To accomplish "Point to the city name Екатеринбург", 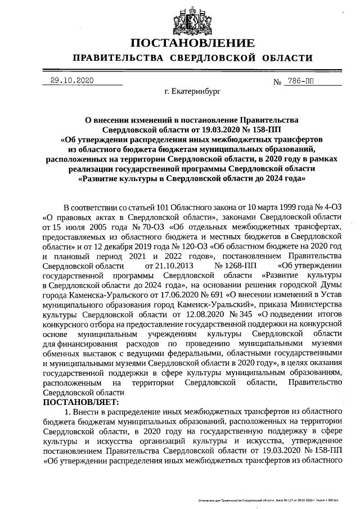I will click(188, 90).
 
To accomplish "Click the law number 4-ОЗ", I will click(330, 208).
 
